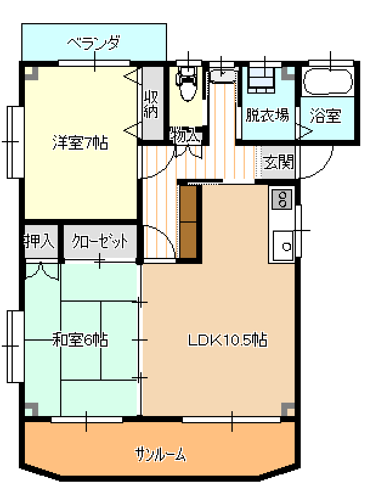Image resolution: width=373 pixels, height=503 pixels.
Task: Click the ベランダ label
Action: (94, 43)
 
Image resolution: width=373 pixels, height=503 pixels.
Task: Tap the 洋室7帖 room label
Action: (80, 143)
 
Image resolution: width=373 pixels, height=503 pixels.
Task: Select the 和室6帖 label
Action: (80, 340)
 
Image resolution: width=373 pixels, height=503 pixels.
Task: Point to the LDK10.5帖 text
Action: (227, 340)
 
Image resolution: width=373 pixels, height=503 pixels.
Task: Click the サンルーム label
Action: (160, 454)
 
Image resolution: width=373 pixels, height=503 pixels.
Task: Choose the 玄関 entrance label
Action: (279, 162)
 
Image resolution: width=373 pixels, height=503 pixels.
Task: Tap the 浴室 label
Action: (325, 116)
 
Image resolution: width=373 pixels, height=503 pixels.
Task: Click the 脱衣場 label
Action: (267, 115)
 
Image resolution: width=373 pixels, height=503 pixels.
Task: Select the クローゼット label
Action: (100, 241)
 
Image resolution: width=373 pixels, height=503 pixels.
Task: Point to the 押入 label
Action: (39, 241)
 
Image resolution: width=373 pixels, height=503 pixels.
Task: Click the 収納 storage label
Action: (151, 104)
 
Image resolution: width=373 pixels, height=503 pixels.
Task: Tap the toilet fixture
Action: (188, 84)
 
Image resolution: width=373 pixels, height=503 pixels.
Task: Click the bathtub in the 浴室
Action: (328, 82)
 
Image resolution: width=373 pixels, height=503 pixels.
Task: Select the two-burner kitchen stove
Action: (282, 199)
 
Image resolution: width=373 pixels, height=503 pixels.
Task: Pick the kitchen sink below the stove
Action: (283, 246)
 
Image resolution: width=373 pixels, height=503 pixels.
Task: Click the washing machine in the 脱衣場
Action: (262, 80)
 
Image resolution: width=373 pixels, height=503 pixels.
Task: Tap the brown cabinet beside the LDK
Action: (188, 221)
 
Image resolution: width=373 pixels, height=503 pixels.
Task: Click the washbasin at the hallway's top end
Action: (223, 75)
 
